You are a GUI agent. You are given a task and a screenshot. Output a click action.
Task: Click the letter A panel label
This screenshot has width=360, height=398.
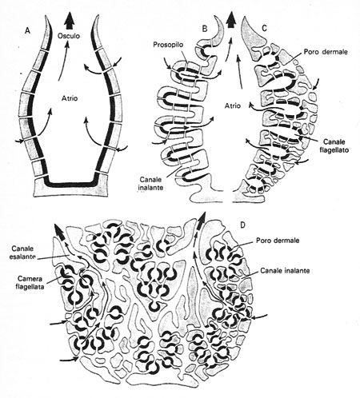click(27, 31)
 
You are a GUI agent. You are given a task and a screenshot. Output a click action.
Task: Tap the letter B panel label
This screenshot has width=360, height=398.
click(205, 29)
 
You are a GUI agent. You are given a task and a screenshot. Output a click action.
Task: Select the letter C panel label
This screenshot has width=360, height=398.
click(264, 29)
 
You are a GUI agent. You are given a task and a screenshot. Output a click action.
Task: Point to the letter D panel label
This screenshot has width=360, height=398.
click(242, 225)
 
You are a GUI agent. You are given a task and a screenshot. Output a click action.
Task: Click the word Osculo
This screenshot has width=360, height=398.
click(69, 36)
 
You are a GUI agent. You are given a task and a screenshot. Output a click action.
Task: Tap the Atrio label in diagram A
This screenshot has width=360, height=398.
click(69, 98)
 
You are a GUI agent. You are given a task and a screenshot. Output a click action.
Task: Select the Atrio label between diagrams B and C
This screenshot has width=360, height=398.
click(232, 105)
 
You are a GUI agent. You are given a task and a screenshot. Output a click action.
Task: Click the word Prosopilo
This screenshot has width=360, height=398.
click(168, 45)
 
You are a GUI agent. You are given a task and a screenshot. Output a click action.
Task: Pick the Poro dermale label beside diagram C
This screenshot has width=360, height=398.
click(326, 52)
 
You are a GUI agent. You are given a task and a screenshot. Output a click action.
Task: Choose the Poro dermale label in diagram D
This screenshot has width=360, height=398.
click(278, 241)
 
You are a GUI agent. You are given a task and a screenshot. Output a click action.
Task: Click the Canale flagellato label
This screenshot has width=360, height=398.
click(334, 145)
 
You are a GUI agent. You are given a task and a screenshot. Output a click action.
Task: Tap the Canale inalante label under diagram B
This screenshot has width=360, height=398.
click(150, 183)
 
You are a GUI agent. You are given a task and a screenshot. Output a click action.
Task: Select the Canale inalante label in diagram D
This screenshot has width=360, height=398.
click(285, 271)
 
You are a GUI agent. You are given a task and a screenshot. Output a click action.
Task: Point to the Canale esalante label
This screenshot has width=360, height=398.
click(22, 253)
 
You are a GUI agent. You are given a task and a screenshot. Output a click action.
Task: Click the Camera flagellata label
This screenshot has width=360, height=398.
click(30, 283)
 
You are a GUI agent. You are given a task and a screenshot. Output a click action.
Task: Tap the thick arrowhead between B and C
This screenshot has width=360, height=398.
click(231, 21)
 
